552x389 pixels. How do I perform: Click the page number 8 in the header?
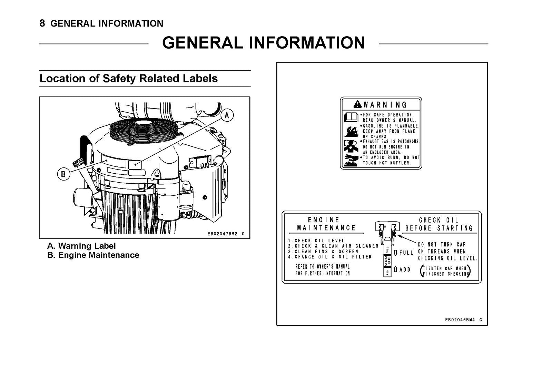pyautogui.click(x=42, y=23)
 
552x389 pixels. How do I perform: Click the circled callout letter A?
pyautogui.click(x=227, y=115)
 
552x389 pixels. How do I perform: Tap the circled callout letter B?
pyautogui.click(x=63, y=174)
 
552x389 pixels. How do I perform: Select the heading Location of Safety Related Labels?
pyautogui.click(x=129, y=79)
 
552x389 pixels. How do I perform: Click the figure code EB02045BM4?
pyautogui.click(x=460, y=320)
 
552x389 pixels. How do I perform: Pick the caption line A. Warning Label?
pyautogui.click(x=82, y=246)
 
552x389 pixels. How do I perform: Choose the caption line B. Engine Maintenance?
pyautogui.click(x=93, y=255)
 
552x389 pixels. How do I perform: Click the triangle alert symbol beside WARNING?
pyautogui.click(x=357, y=104)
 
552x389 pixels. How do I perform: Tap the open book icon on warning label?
pyautogui.click(x=351, y=118)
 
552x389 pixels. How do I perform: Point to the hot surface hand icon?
pyautogui.click(x=351, y=160)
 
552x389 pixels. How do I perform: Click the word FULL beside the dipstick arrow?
pyautogui.click(x=406, y=253)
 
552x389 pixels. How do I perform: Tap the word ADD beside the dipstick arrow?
pyautogui.click(x=405, y=269)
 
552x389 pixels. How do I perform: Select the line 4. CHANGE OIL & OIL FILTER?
pyautogui.click(x=330, y=257)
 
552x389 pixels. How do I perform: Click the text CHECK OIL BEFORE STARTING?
pyautogui.click(x=439, y=224)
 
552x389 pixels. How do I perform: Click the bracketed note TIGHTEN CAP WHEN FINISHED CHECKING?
pyautogui.click(x=445, y=271)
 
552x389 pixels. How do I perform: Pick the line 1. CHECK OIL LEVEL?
pyautogui.click(x=316, y=240)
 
